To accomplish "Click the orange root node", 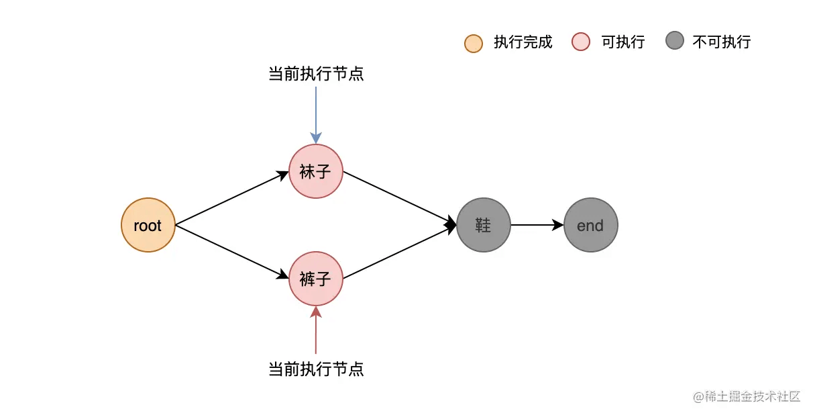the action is pyautogui.click(x=148, y=225).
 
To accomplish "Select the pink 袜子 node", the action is pyautogui.click(x=316, y=171).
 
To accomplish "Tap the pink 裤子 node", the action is pyautogui.click(x=316, y=279).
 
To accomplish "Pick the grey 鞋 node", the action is pyautogui.click(x=484, y=225).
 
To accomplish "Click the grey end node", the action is pyautogui.click(x=591, y=225).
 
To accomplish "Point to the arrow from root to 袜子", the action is pyautogui.click(x=232, y=198).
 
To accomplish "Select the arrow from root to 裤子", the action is pyautogui.click(x=232, y=252).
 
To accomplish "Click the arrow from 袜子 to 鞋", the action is pyautogui.click(x=400, y=198).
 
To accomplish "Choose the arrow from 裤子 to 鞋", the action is pyautogui.click(x=400, y=252).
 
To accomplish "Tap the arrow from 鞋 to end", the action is pyautogui.click(x=537, y=225).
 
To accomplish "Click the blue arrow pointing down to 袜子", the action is pyautogui.click(x=316, y=116).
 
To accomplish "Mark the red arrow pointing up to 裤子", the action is pyautogui.click(x=316, y=330).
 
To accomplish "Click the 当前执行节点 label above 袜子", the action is pyautogui.click(x=316, y=74).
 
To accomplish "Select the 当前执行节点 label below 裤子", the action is pyautogui.click(x=316, y=369).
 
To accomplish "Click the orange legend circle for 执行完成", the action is pyautogui.click(x=474, y=44).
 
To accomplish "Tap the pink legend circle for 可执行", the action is pyautogui.click(x=581, y=42).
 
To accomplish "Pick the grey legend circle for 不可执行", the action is pyautogui.click(x=675, y=40).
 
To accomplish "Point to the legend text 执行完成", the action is pyautogui.click(x=523, y=42).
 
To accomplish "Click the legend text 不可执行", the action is pyautogui.click(x=722, y=42).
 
